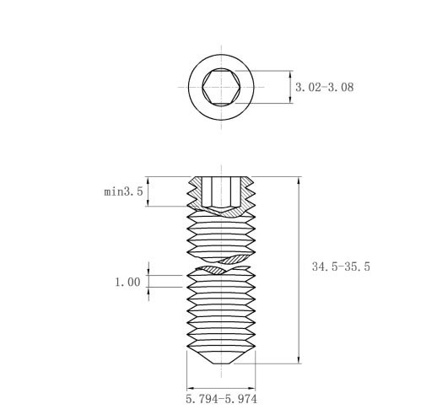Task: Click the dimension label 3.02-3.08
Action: [x=324, y=87]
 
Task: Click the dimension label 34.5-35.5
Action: [x=341, y=267]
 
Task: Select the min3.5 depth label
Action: [x=123, y=191]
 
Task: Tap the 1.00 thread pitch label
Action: [x=127, y=282]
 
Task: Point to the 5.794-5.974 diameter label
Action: [x=221, y=399]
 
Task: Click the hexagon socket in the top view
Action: [x=221, y=87]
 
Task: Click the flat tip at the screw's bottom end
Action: [x=222, y=363]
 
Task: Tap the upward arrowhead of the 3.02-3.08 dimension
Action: [x=290, y=75]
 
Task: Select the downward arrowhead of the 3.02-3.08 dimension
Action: [x=290, y=100]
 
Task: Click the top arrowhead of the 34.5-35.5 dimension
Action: [x=299, y=181]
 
